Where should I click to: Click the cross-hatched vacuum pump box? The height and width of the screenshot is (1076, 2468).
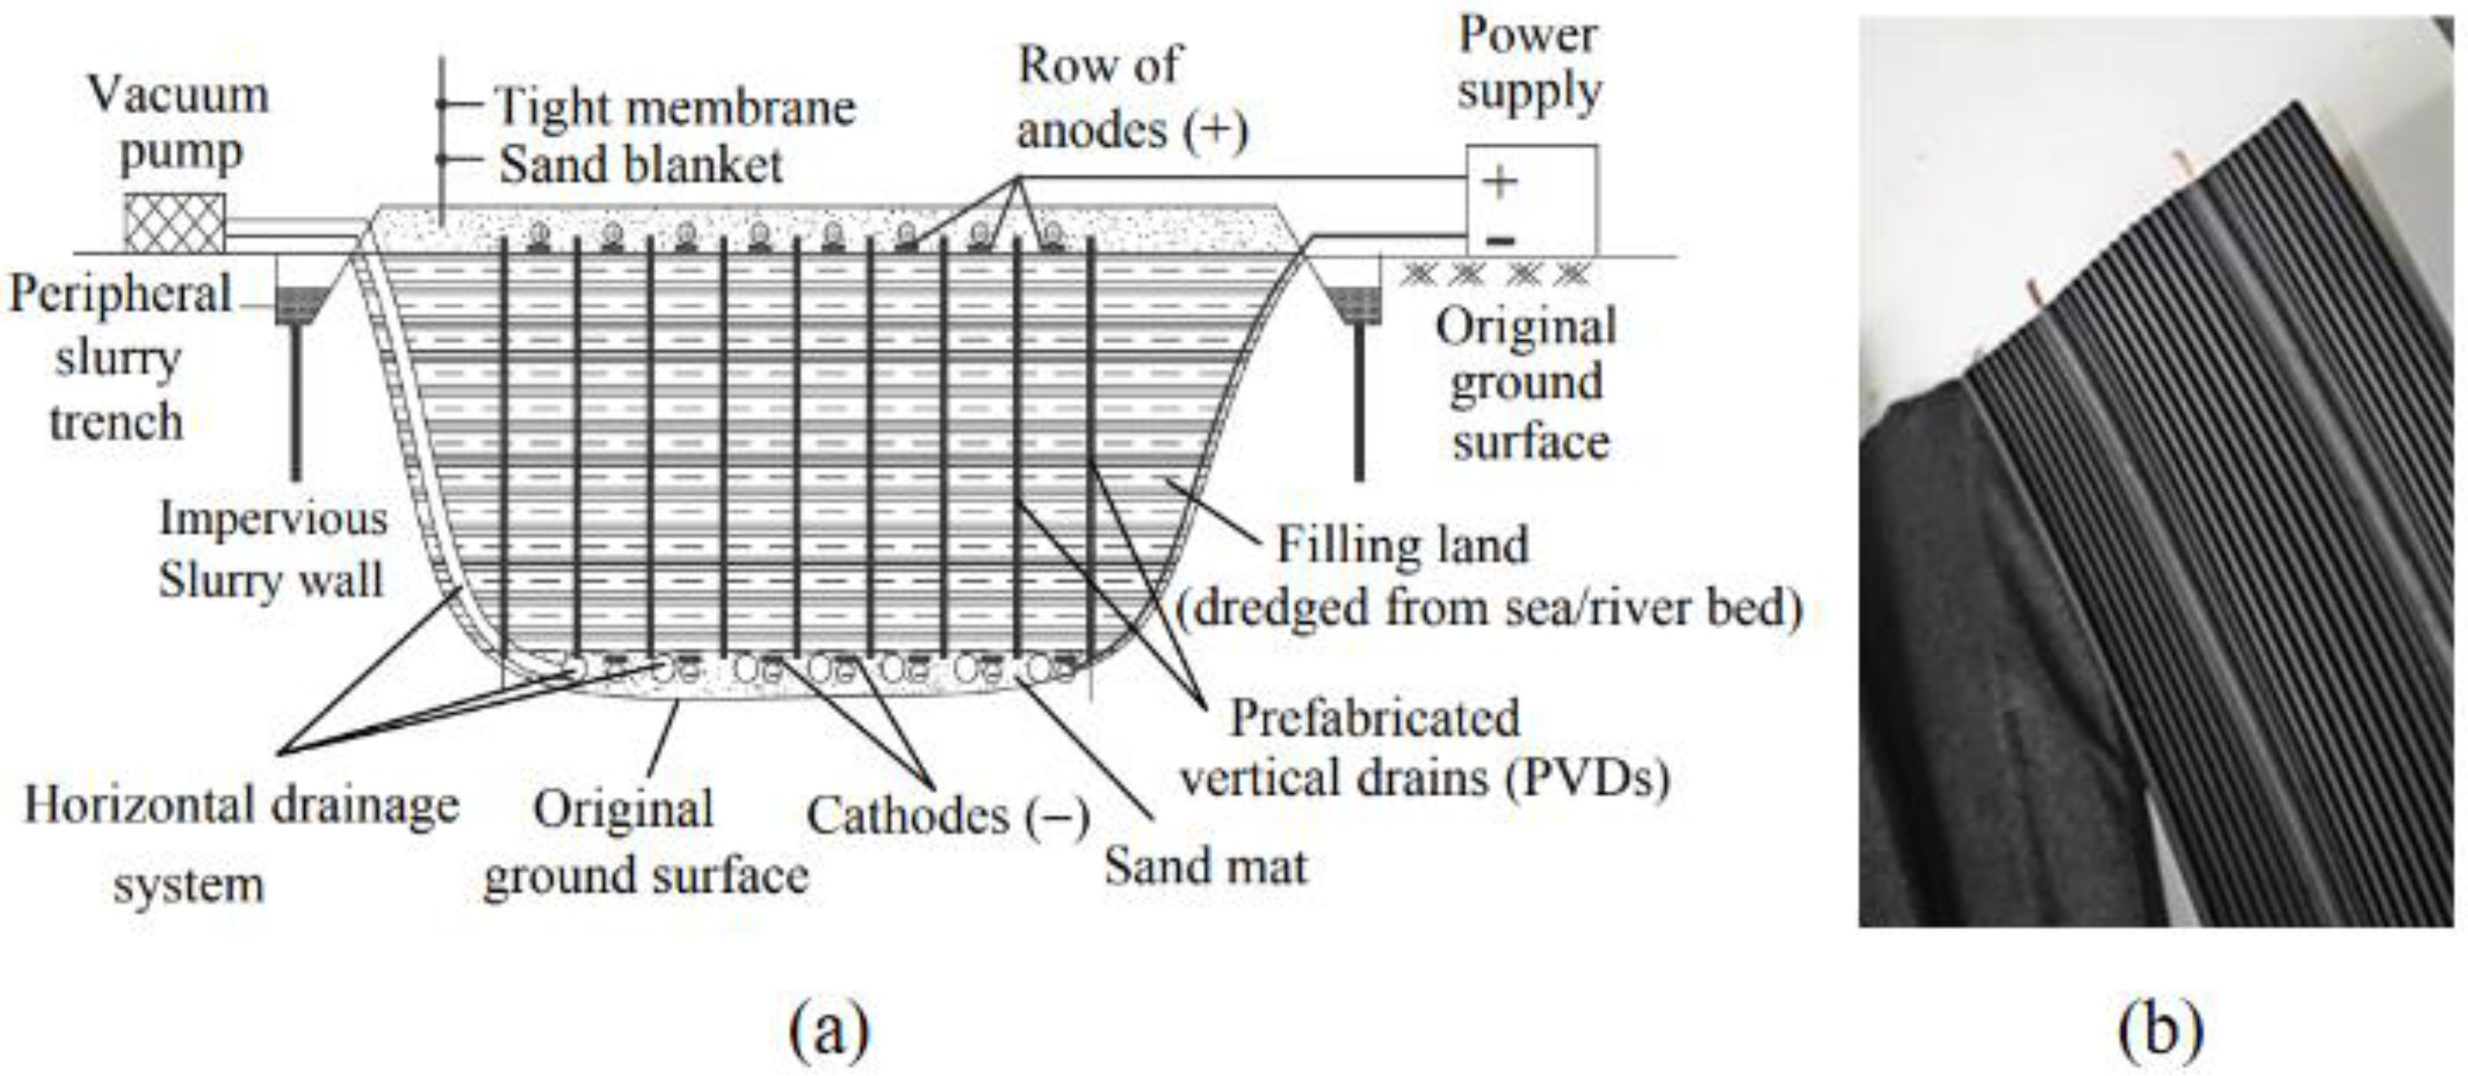tap(175, 223)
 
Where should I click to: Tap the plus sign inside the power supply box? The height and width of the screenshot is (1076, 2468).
tap(1499, 181)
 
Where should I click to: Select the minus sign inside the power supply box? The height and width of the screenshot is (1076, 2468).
tap(1499, 240)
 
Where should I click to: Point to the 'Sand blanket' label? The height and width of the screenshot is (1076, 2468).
tap(640, 165)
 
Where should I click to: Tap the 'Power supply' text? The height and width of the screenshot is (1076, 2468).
tap(1528, 63)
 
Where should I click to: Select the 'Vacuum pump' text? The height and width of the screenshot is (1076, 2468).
tap(178, 123)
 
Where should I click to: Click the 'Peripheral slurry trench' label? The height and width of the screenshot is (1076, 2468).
tap(118, 357)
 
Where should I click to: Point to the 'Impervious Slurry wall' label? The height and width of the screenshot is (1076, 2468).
tap(272, 549)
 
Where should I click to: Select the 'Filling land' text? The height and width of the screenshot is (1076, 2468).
tap(1402, 546)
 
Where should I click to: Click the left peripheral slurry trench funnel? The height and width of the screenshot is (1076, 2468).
tap(299, 303)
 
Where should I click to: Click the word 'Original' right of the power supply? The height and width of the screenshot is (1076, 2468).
tap(1525, 328)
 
